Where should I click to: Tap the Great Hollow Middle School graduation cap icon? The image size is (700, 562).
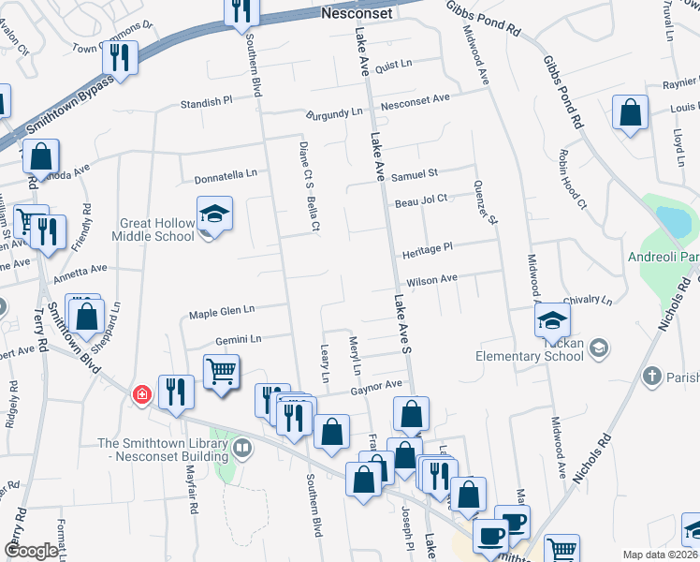pyautogui.click(x=214, y=214)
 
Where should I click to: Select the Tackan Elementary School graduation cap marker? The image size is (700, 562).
pyautogui.click(x=553, y=321)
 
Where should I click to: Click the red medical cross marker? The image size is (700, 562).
pyautogui.click(x=141, y=395)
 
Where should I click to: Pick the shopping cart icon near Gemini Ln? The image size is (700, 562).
pyautogui.click(x=221, y=371)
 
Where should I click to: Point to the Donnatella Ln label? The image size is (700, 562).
pyautogui.click(x=226, y=176)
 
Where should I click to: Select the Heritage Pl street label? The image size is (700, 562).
pyautogui.click(x=428, y=247)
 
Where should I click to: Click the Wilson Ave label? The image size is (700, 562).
pyautogui.click(x=430, y=279)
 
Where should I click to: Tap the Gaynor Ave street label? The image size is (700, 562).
pyautogui.click(x=376, y=385)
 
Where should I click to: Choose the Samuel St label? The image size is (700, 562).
pyautogui.click(x=415, y=174)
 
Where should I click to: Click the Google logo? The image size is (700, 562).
pyautogui.click(x=31, y=551)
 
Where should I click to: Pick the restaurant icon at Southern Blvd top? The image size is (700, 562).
pyautogui.click(x=242, y=10)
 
